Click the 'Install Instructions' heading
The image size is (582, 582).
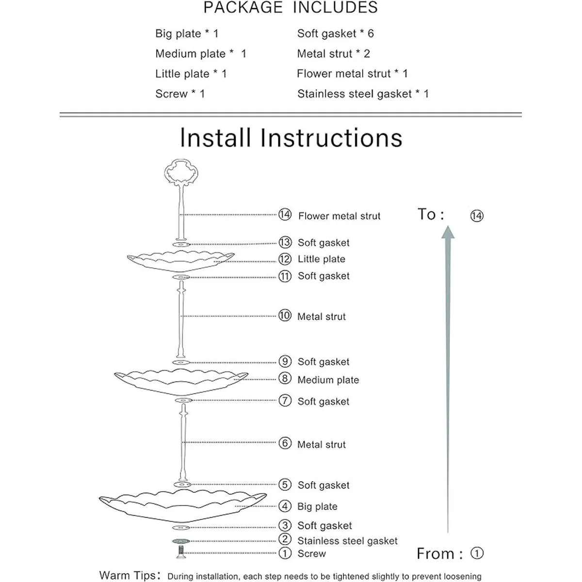(x=291, y=138)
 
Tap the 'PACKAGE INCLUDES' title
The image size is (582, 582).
(x=290, y=8)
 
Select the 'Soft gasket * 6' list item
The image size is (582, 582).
(x=335, y=33)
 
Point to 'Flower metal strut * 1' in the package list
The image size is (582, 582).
(x=352, y=74)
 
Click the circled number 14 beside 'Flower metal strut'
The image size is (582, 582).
(x=285, y=215)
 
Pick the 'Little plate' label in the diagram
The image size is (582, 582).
(x=321, y=259)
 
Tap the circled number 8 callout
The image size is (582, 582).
(x=285, y=378)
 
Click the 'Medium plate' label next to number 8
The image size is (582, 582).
(x=328, y=380)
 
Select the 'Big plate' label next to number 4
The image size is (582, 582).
(x=317, y=506)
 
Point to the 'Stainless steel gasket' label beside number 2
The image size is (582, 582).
(x=347, y=541)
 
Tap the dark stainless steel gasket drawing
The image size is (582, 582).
(x=181, y=541)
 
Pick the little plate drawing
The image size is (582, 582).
(x=180, y=261)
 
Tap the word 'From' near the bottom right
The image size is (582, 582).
(x=435, y=553)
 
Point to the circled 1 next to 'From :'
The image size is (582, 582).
(x=477, y=553)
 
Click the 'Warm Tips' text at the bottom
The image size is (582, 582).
(x=128, y=576)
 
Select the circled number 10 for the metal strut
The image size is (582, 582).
(x=285, y=316)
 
